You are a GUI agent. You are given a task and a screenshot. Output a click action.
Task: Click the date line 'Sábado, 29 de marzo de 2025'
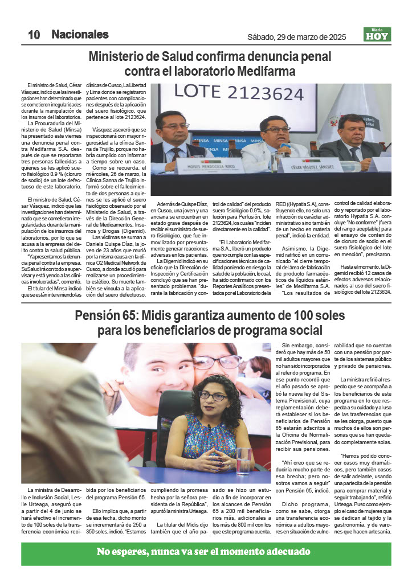tap(296, 37)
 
